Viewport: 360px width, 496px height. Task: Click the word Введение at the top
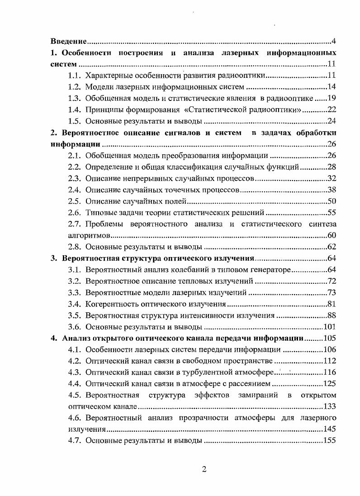[x=68, y=42]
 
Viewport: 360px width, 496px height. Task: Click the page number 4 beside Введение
[x=333, y=42]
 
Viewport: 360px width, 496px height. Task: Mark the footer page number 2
[x=204, y=469]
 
